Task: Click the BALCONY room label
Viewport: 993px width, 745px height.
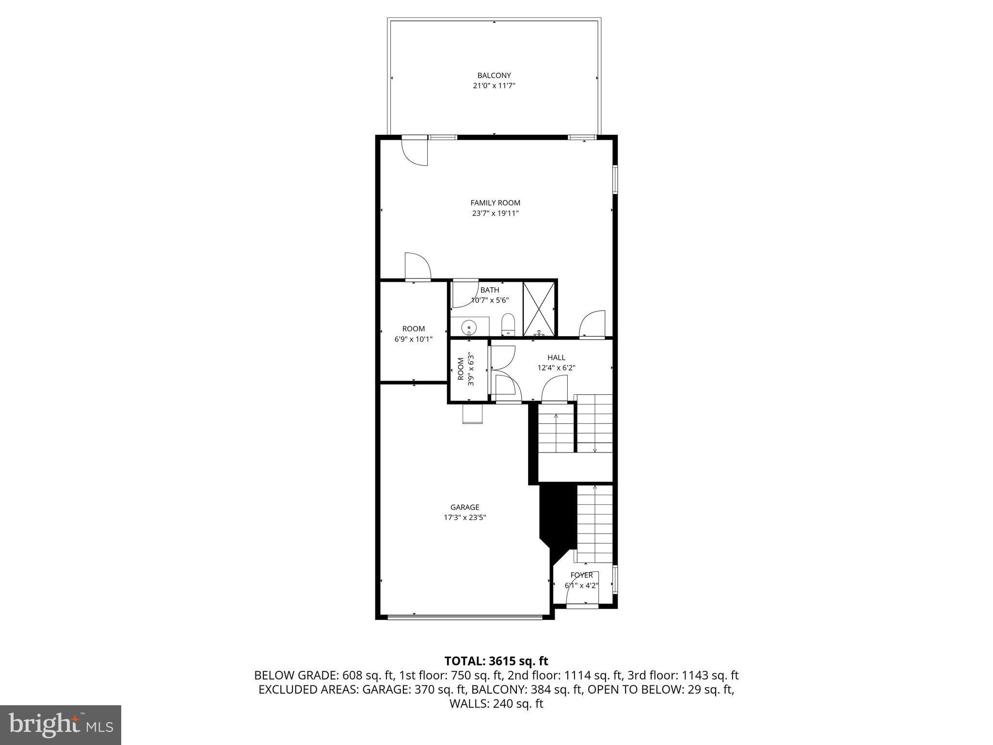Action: tap(494, 75)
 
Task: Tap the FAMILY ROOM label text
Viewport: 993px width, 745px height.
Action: tap(495, 203)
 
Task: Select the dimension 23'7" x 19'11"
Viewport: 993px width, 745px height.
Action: tap(495, 213)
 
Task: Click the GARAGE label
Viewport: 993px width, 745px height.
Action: tap(464, 507)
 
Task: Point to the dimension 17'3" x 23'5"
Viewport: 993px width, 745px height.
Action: tap(464, 518)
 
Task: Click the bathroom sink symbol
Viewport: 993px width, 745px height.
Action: tap(469, 328)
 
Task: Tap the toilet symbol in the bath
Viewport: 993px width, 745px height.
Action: tap(507, 324)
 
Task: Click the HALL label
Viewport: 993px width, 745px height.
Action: tap(556, 357)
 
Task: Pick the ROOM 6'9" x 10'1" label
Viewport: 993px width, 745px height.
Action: tap(413, 334)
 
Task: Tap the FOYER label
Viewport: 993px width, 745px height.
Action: tap(581, 575)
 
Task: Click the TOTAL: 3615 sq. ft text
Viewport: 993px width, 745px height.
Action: tap(496, 661)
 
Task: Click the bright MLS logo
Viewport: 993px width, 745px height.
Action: tap(61, 725)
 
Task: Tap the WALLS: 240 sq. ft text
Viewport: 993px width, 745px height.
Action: tap(496, 704)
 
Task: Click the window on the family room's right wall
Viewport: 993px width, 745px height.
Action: tap(615, 179)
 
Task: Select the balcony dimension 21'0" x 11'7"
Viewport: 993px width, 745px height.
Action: tap(494, 86)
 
